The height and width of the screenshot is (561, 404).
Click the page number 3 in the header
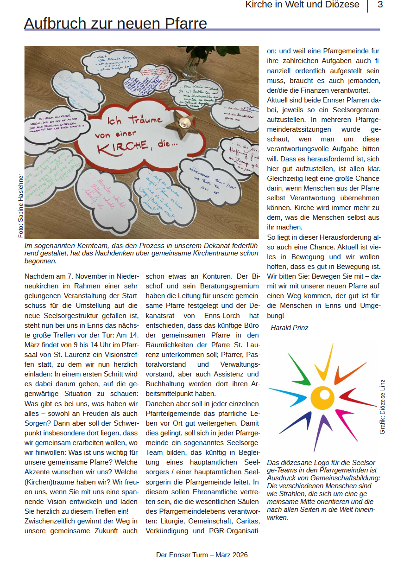point(380,5)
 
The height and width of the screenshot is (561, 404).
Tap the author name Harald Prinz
point(289,328)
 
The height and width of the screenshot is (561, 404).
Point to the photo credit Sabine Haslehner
point(20,205)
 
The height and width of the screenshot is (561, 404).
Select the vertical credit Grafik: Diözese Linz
point(382,407)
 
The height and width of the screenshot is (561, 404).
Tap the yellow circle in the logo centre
point(322,396)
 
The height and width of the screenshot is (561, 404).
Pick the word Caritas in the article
point(247,521)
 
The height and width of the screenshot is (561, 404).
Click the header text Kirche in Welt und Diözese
point(302,5)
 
